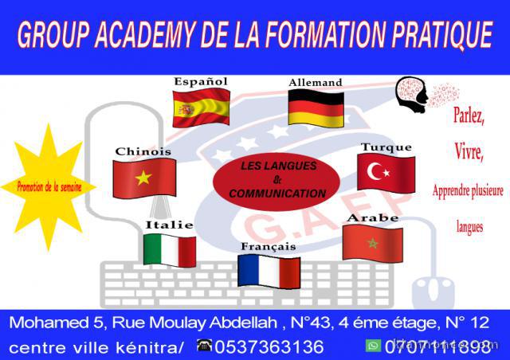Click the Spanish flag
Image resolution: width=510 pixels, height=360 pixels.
click(201, 107)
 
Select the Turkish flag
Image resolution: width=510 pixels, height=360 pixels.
click(386, 172)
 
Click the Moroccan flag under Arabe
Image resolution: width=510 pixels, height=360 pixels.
click(372, 242)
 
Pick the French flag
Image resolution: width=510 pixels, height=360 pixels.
click(269, 271)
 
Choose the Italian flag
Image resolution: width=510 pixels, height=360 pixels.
click(169, 250)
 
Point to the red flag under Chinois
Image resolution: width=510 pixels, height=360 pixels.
click(144, 177)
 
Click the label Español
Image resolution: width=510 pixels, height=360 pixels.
click(201, 81)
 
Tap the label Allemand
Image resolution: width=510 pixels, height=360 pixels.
click(315, 82)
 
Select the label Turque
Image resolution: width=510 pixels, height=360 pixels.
click(386, 147)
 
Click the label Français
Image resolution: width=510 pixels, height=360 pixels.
click(269, 247)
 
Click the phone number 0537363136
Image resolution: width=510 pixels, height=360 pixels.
click(269, 346)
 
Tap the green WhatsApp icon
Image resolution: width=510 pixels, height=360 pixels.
click(373, 346)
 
